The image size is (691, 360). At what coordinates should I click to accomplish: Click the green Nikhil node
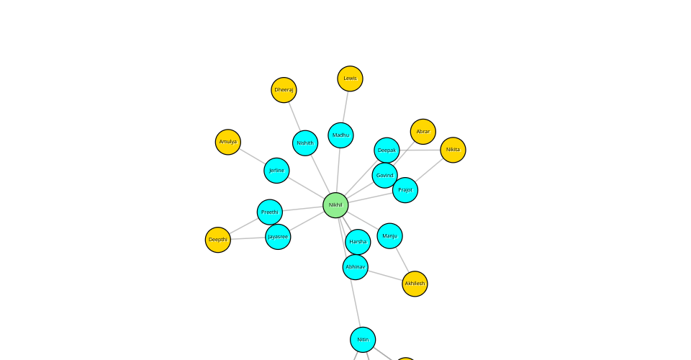[335, 205]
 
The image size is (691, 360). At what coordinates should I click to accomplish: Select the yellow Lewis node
[350, 78]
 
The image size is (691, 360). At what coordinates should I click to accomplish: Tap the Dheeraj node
[284, 90]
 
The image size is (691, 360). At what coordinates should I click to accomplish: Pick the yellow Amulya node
[228, 142]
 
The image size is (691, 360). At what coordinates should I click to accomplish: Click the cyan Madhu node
[340, 135]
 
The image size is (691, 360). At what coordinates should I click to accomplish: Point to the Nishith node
[305, 143]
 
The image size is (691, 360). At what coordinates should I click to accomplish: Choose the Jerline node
[276, 171]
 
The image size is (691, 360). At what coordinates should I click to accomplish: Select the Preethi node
[270, 212]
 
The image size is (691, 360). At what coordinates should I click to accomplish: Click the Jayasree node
[278, 236]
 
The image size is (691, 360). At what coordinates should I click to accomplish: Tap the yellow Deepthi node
[218, 240]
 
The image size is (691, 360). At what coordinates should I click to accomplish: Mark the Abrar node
[423, 132]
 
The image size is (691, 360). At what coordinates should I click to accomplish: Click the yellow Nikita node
[453, 150]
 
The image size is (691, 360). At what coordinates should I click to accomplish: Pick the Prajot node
[405, 190]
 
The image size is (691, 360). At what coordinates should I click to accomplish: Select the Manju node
[389, 235]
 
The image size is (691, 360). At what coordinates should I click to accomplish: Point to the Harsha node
[358, 242]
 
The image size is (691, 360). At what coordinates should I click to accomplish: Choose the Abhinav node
[356, 267]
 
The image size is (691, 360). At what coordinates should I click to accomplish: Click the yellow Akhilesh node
[415, 284]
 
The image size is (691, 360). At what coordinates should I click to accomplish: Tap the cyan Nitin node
[363, 340]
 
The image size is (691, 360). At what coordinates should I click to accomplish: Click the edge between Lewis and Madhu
[345, 107]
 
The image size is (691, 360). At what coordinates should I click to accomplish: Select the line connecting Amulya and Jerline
[252, 156]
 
